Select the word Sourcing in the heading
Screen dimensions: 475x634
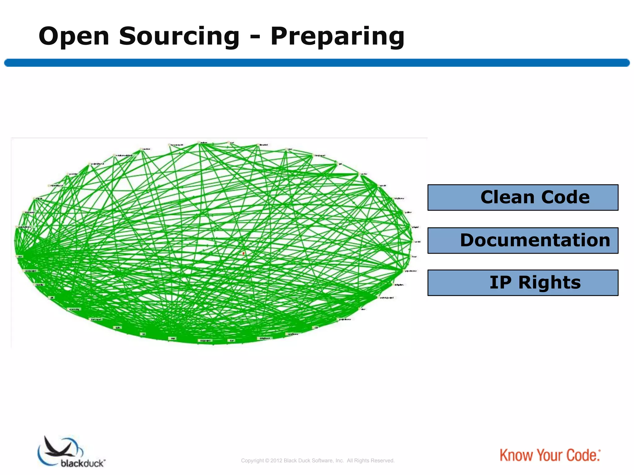(179, 36)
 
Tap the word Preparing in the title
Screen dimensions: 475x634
(337, 36)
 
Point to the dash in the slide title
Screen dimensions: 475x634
(255, 38)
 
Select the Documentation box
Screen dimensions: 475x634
(523, 240)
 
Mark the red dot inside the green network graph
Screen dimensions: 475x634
(244, 253)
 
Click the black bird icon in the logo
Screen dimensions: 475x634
(59, 447)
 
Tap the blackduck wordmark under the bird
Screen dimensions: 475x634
(83, 463)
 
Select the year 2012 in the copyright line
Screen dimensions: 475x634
(276, 461)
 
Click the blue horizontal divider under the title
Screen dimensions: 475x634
(317, 63)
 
